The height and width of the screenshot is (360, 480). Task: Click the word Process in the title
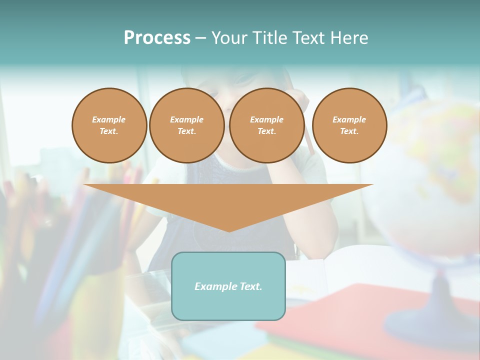click(x=157, y=38)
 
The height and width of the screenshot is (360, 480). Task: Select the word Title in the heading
click(x=269, y=38)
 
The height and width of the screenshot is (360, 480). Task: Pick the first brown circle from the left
click(x=109, y=125)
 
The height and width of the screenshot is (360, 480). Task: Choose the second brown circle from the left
click(x=186, y=125)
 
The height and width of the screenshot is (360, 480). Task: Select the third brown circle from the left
click(x=266, y=125)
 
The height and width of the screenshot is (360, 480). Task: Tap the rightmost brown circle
click(x=349, y=125)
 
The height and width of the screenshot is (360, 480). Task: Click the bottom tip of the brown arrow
click(x=229, y=231)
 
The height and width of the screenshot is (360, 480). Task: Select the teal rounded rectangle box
click(x=228, y=305)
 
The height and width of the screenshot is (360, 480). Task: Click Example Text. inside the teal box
click(x=228, y=286)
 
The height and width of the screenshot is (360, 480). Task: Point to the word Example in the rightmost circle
click(x=349, y=119)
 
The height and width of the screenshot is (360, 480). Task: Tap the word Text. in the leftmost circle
click(x=109, y=131)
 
